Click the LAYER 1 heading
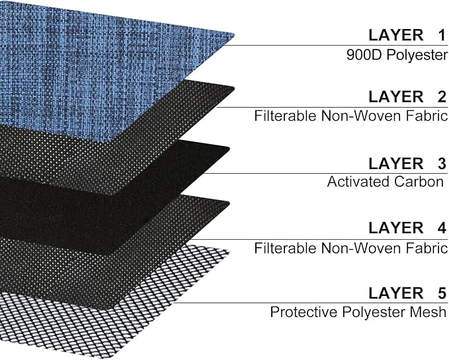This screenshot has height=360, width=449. [407, 35]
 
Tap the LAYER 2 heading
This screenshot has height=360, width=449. [407, 96]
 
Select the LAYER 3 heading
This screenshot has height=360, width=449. [407, 164]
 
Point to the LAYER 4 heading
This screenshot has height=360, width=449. [407, 228]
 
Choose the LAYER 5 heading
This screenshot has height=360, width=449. [407, 293]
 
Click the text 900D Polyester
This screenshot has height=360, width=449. [397, 55]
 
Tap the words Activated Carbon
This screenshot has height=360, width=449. [386, 182]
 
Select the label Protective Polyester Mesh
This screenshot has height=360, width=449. [358, 312]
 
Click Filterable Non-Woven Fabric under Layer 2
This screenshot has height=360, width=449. [350, 116]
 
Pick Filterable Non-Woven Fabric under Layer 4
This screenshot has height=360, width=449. [350, 248]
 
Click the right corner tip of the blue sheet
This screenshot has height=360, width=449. [234, 36]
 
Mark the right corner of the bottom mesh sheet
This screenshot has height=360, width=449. [229, 252]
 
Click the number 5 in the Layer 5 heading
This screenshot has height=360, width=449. [442, 293]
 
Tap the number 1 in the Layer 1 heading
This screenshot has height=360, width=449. [442, 35]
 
